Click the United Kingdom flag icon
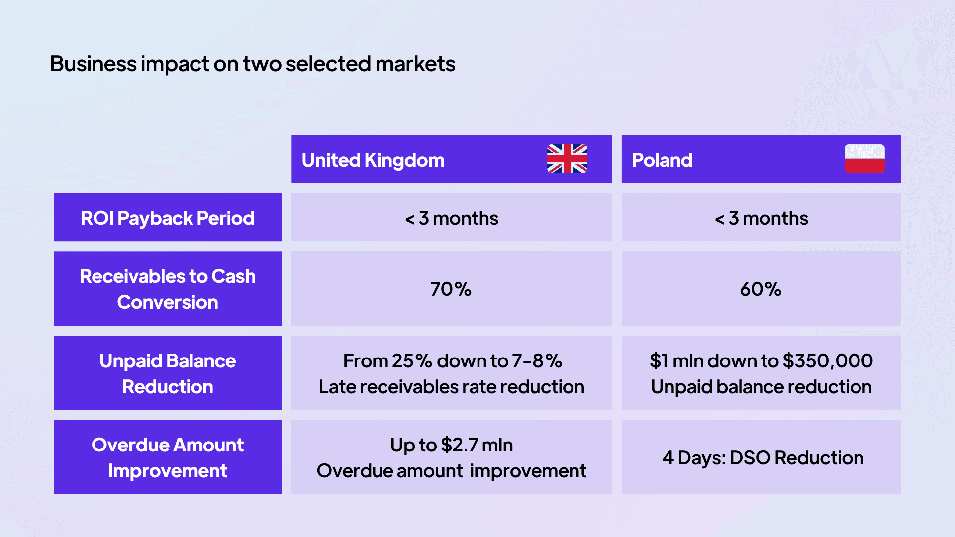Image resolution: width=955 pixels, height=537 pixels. [567, 159]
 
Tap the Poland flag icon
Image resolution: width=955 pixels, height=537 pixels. [864, 159]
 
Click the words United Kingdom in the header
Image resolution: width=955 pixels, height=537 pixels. [373, 160]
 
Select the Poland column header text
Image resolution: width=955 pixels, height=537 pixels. [662, 160]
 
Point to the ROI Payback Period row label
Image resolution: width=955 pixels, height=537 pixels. [168, 218]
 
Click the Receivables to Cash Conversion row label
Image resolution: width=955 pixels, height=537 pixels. [168, 289]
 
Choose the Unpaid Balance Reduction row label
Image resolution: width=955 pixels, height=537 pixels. [168, 373]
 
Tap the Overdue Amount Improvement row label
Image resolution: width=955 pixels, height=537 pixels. [168, 457]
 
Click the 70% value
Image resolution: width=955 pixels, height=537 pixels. [451, 289]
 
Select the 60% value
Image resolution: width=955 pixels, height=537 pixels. [761, 289]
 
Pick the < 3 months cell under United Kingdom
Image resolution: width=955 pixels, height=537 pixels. [452, 218]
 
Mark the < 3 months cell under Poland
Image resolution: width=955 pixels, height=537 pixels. [761, 218]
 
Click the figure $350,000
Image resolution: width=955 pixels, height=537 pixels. [828, 361]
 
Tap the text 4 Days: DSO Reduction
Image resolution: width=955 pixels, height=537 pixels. [763, 458]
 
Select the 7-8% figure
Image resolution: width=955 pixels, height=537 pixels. [537, 361]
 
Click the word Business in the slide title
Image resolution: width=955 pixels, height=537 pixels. [93, 64]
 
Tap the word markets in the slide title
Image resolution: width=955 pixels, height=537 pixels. [415, 64]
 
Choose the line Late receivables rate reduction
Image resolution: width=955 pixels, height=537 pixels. [452, 387]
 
